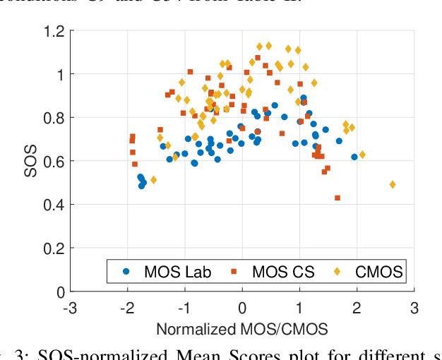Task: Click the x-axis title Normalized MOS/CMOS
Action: [x=241, y=329]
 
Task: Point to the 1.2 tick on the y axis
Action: [x=54, y=31]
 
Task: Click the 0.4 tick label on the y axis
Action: [x=54, y=205]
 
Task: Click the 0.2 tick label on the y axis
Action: [x=54, y=248]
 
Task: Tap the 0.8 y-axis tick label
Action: [x=54, y=118]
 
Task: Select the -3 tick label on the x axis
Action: [x=70, y=308]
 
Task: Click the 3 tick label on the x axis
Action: [x=414, y=308]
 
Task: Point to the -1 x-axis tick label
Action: [x=184, y=308]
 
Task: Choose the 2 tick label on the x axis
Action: [x=357, y=308]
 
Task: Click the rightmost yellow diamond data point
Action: [x=393, y=185]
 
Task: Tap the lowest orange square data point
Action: [x=338, y=198]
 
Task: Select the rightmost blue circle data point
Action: [x=354, y=157]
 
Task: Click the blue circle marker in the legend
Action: [x=126, y=271]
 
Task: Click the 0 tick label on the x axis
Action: [x=242, y=308]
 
